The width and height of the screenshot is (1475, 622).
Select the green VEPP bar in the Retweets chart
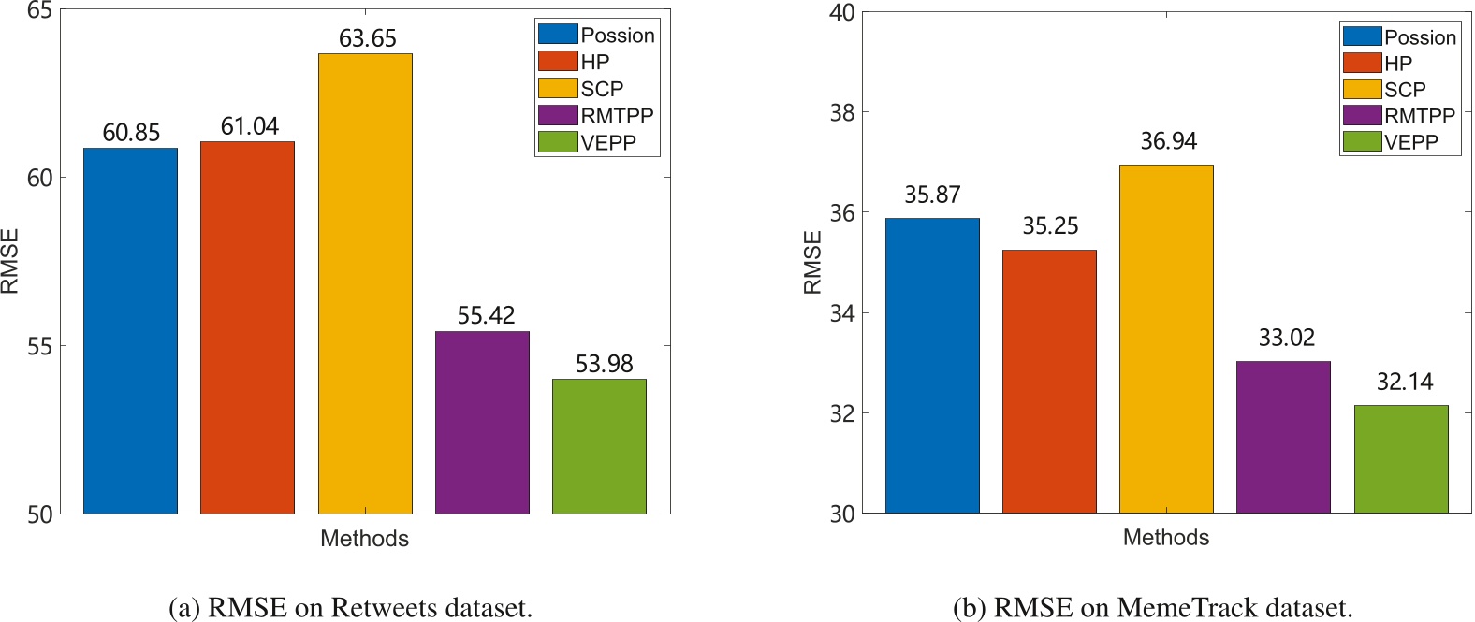599,446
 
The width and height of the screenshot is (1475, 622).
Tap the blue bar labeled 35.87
932,366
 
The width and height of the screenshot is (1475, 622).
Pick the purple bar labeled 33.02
1283,437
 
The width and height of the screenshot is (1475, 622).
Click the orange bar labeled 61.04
247,327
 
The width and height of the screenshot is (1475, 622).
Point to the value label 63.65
368,38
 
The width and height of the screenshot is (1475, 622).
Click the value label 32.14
1404,382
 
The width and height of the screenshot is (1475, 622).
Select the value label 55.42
486,315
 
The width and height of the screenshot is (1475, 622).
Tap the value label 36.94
1168,141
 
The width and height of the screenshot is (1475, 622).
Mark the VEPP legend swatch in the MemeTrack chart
1362,141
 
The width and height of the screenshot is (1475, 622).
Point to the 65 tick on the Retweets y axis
40,11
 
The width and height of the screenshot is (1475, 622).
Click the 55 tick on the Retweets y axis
40,346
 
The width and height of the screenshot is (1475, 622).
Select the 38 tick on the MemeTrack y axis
842,113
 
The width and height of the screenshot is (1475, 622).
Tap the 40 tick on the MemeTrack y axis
842,13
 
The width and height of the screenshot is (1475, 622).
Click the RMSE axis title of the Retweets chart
11,262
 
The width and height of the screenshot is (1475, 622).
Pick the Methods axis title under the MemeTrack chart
1166,538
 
